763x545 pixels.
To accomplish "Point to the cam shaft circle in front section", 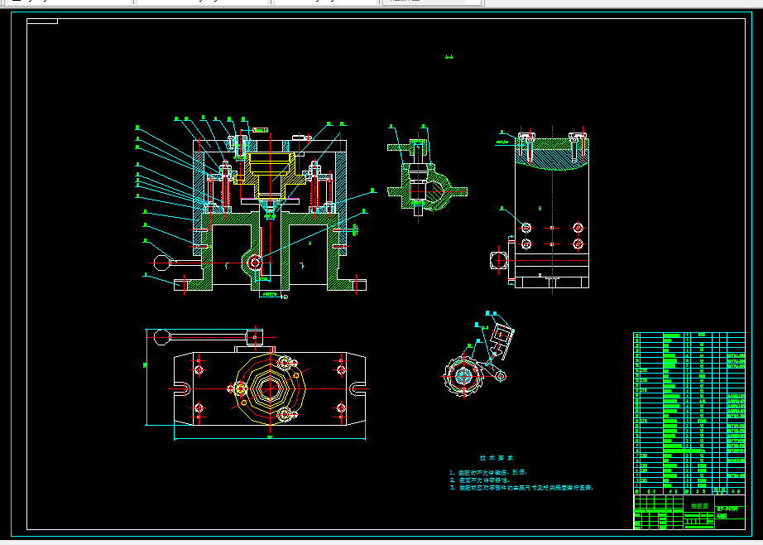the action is pyautogui.click(x=255, y=263).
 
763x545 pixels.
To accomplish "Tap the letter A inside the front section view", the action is pyautogui.click(x=309, y=245).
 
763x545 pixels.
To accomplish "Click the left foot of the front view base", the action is pyautogui.click(x=185, y=284).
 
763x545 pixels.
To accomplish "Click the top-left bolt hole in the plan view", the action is pyautogui.click(x=199, y=368).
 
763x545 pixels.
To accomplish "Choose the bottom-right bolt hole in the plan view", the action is pyautogui.click(x=340, y=408).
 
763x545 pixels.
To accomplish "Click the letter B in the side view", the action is pyautogui.click(x=540, y=206).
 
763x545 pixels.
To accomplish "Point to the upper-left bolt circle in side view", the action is pyautogui.click(x=526, y=227).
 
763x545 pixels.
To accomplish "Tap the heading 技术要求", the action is pyautogui.click(x=497, y=457).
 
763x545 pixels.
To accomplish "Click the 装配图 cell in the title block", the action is pyautogui.click(x=700, y=504).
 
